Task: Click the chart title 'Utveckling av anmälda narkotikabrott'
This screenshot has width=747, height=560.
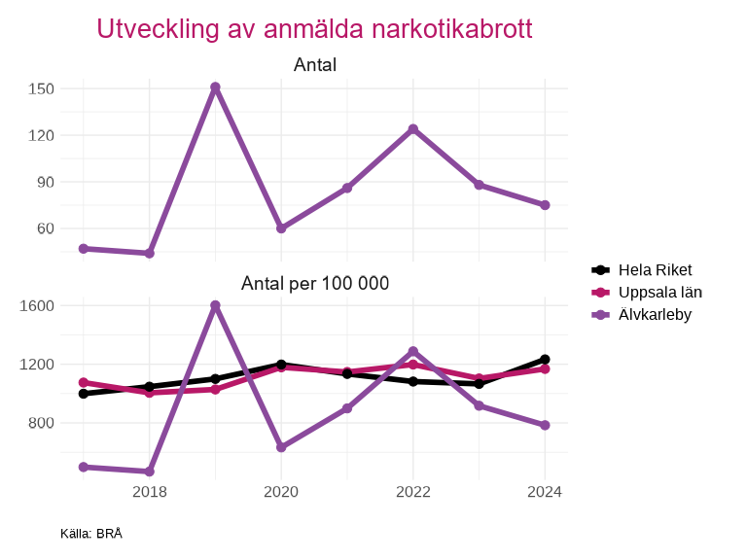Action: [314, 29]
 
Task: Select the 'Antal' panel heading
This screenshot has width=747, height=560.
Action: [314, 65]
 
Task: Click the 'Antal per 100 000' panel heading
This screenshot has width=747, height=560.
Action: [314, 284]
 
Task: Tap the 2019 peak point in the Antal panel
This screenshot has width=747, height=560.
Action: [215, 87]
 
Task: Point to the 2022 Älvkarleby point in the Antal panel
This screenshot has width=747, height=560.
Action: [413, 129]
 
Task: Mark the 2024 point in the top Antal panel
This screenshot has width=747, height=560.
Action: [545, 205]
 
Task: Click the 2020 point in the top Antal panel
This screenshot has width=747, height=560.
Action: [281, 228]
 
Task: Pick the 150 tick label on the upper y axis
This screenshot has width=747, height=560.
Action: [41, 88]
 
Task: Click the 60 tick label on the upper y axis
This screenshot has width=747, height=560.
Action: [45, 228]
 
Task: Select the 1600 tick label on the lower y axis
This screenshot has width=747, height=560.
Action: [37, 305]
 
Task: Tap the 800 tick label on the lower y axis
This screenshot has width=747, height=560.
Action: [41, 423]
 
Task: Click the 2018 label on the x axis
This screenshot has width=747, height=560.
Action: [149, 492]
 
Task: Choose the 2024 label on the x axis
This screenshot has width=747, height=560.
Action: [545, 492]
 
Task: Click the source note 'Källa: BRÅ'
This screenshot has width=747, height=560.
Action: [91, 534]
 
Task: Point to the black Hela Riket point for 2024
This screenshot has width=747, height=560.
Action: [545, 360]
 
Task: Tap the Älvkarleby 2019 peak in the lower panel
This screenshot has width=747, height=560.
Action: [215, 305]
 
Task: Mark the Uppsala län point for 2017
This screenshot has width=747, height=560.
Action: [84, 382]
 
